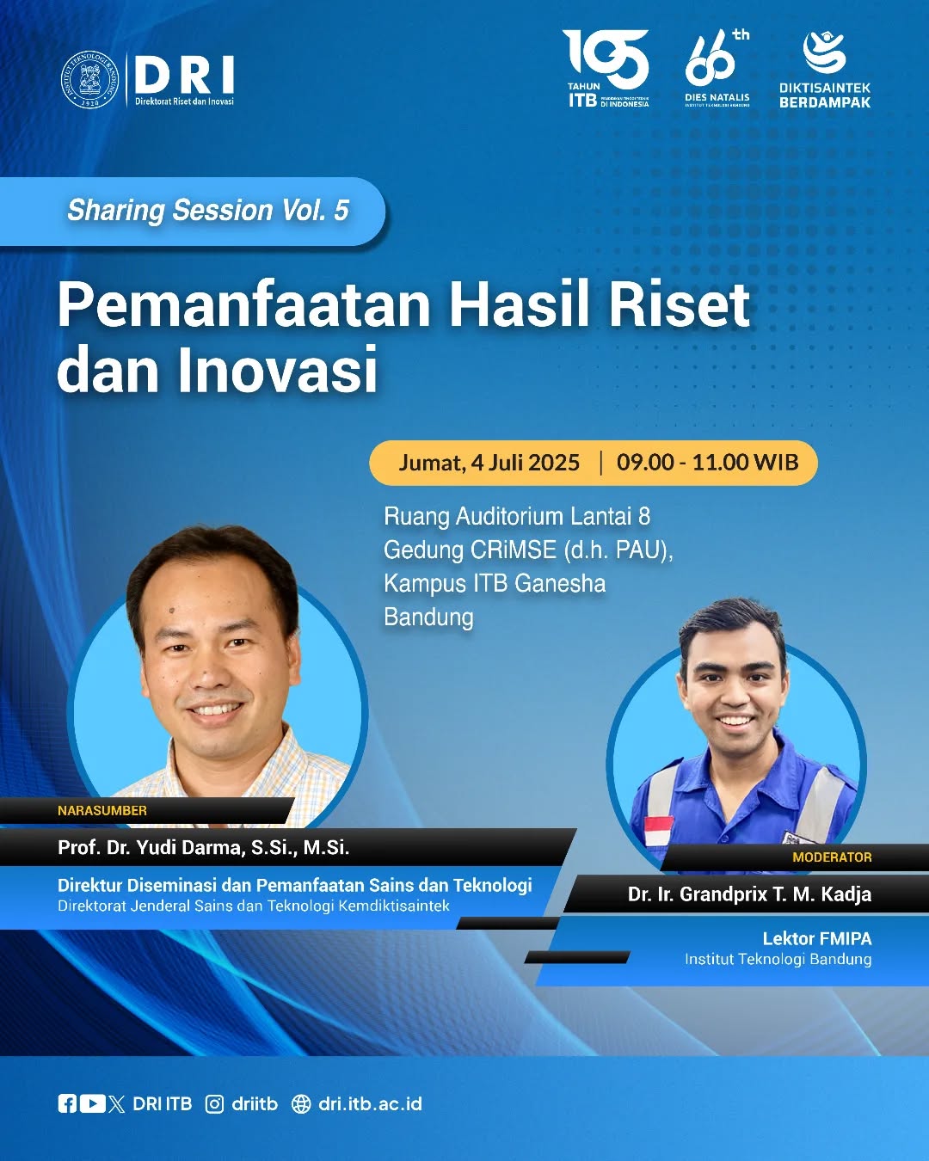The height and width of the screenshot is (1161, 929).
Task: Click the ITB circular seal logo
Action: [89, 80]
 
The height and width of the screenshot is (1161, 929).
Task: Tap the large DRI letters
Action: [184, 76]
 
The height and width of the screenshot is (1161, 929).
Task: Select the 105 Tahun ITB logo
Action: [606, 69]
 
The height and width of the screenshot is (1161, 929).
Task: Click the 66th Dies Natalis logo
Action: [717, 69]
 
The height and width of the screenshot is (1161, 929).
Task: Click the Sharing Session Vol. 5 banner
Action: [207, 211]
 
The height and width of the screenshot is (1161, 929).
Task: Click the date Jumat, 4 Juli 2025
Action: [489, 463]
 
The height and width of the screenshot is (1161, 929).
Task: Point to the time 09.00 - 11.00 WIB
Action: [707, 463]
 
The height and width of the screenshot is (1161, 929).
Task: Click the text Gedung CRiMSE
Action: [469, 550]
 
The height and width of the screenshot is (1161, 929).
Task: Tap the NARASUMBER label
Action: [102, 810]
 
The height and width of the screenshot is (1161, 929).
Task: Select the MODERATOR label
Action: [832, 857]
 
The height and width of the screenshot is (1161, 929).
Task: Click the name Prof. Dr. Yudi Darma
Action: [203, 847]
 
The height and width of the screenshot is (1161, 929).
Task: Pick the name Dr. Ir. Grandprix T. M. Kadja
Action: [749, 894]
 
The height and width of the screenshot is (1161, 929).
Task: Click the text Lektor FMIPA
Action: [816, 938]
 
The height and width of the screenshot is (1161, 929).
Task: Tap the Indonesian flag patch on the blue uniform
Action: [659, 831]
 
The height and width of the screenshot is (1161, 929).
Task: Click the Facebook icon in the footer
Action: [67, 1104]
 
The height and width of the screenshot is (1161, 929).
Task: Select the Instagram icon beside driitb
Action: [215, 1104]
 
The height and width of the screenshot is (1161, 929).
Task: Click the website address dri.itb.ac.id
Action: [370, 1104]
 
